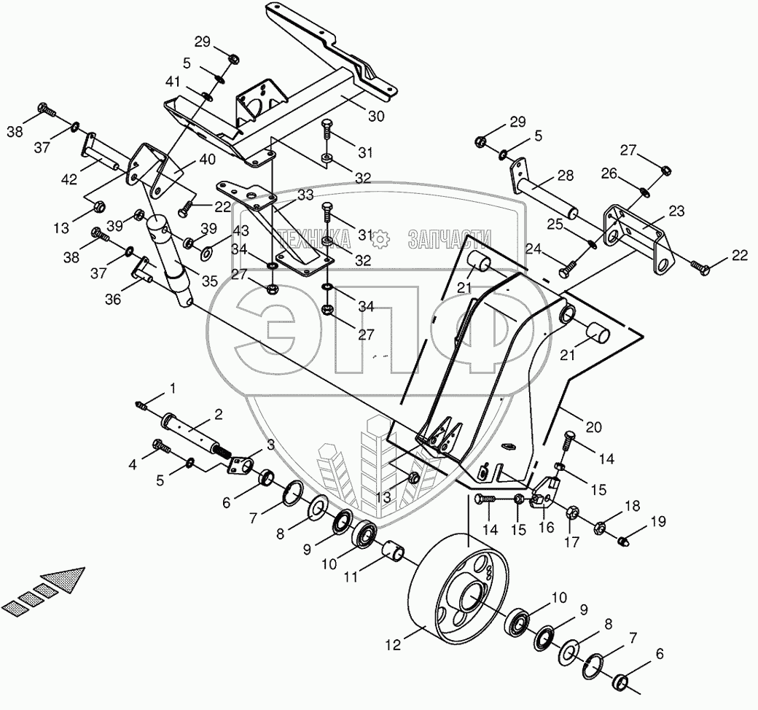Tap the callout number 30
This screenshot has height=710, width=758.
tap(377, 116)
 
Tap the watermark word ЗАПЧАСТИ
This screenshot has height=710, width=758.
tap(450, 238)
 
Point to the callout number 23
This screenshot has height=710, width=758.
tap(676, 210)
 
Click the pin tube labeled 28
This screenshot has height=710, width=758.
tap(547, 195)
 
